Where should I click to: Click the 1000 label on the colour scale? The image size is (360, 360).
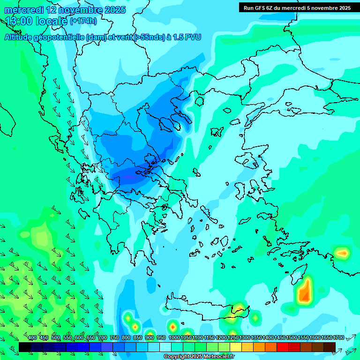(174, 337)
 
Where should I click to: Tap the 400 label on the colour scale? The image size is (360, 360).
(32, 337)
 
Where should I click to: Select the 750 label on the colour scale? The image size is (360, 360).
(114, 337)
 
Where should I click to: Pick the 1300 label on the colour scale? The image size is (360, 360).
(245, 337)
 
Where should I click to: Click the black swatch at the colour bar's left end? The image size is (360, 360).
(25, 347)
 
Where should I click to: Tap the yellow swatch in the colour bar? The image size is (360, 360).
(236, 347)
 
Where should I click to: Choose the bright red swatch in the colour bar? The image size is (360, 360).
(283, 347)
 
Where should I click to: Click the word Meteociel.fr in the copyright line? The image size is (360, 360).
(217, 357)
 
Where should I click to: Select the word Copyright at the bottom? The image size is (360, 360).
(177, 357)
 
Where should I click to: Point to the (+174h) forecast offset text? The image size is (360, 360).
(83, 21)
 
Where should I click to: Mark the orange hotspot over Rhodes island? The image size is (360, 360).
(305, 292)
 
